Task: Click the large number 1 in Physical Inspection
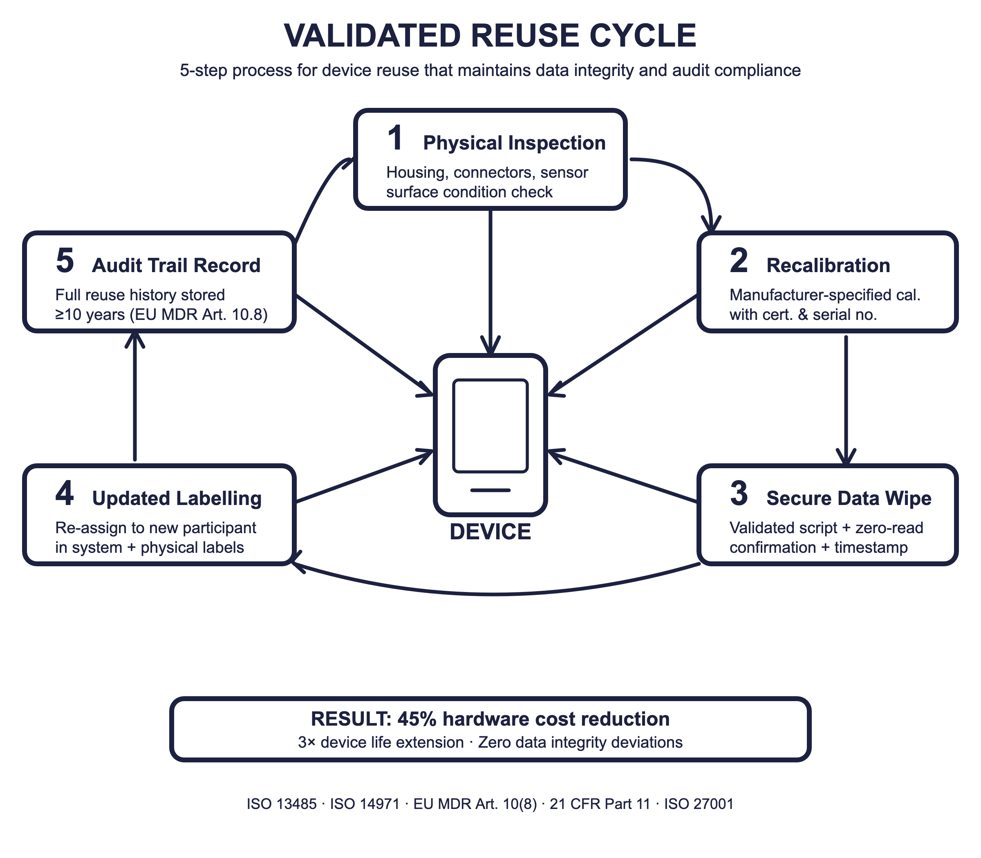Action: [395, 139]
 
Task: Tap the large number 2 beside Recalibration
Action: [739, 261]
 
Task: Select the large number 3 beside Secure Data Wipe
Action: [739, 494]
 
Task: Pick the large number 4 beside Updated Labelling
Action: [65, 494]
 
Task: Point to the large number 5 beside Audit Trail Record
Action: [65, 261]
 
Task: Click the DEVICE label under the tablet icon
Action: [490, 532]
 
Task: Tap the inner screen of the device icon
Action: [490, 426]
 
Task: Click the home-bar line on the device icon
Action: [490, 490]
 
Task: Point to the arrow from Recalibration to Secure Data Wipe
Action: [846, 400]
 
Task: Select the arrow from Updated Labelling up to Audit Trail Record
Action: [135, 396]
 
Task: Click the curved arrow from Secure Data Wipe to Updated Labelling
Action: [495, 594]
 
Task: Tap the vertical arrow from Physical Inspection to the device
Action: [490, 282]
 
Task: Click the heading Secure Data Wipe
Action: [849, 498]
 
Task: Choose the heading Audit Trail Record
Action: [176, 266]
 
